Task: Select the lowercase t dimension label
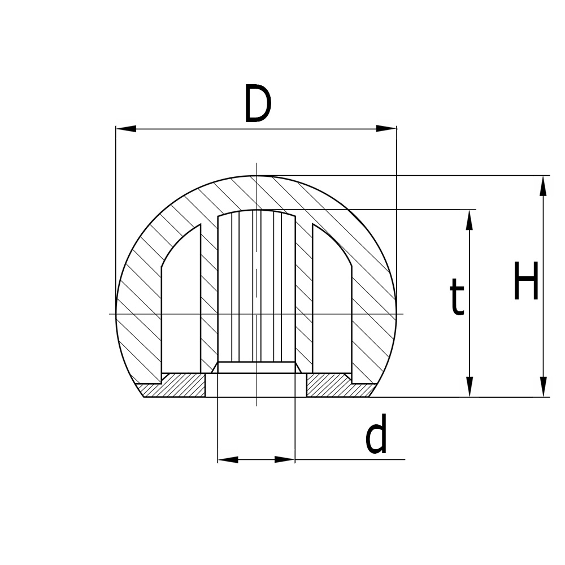pyautogui.click(x=457, y=298)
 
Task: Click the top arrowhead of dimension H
pyautogui.click(x=543, y=185)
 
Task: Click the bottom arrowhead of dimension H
pyautogui.click(x=543, y=387)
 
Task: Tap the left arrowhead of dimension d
pyautogui.click(x=227, y=460)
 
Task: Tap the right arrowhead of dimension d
pyautogui.click(x=285, y=460)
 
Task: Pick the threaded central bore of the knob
pyautogui.click(x=257, y=288)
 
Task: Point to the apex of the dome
pyautogui.click(x=257, y=176)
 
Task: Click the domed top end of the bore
pyautogui.click(x=257, y=212)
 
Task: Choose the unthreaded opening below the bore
pyautogui.click(x=256, y=385)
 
